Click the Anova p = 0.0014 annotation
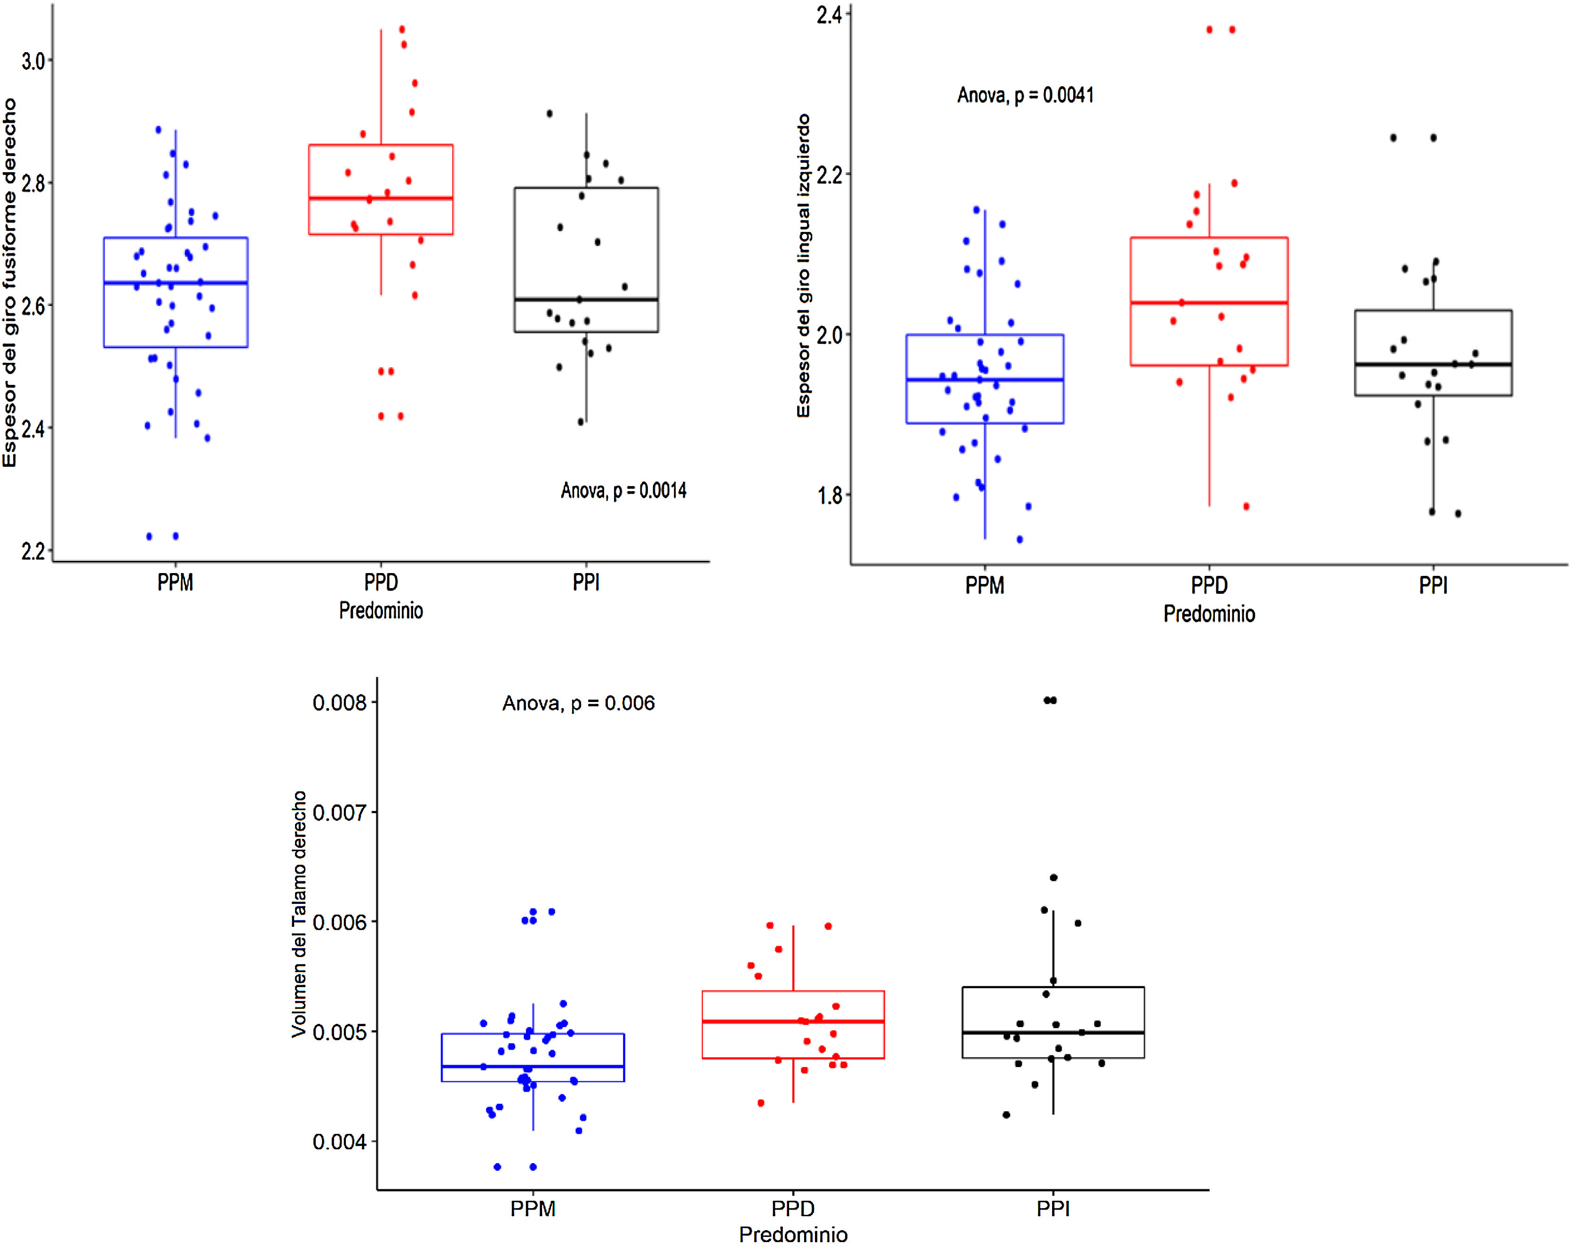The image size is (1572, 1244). (x=623, y=490)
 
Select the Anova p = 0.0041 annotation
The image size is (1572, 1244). (x=1025, y=96)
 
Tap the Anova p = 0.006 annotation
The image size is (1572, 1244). (x=578, y=703)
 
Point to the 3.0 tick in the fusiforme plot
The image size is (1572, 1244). (x=33, y=61)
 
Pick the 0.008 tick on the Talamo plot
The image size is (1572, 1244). (x=339, y=703)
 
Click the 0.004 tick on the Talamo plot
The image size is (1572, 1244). (x=339, y=1141)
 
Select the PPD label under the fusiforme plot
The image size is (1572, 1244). (x=381, y=582)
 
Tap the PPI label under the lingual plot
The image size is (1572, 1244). (x=1433, y=586)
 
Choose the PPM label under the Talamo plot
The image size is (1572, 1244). (x=533, y=1209)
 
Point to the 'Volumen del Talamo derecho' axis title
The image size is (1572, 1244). (x=299, y=914)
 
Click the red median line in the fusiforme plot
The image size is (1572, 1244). (x=381, y=198)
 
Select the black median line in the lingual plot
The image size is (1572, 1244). (x=1433, y=364)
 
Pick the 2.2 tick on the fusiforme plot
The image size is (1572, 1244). (x=33, y=551)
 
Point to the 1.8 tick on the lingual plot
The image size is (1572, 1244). (x=830, y=496)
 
